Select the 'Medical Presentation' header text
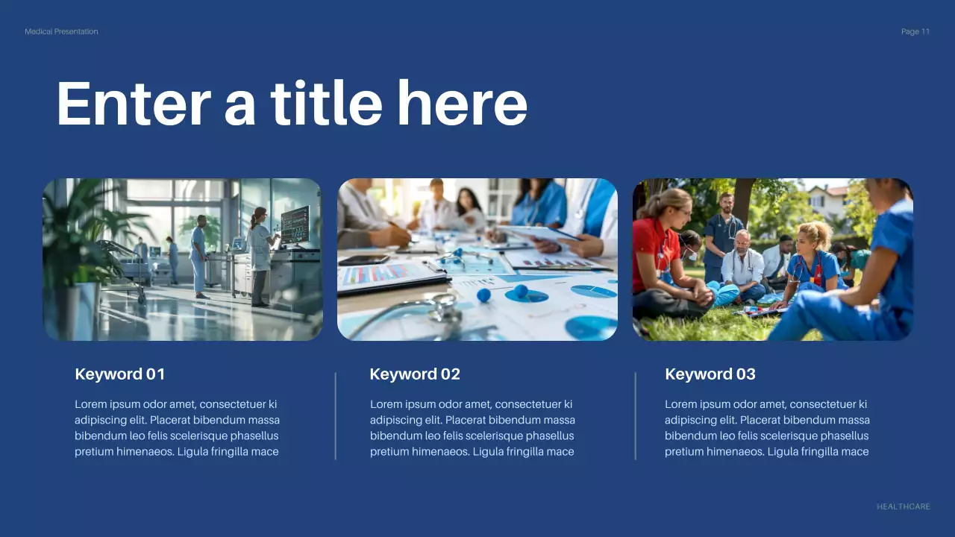[x=61, y=31]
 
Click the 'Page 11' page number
[x=915, y=31]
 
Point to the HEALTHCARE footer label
[x=904, y=506]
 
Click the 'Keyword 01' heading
[x=120, y=374]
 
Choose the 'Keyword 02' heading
[x=415, y=374]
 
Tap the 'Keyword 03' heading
[x=710, y=374]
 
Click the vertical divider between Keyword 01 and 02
[x=336, y=416]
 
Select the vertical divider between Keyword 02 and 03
[x=636, y=416]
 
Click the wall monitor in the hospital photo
[x=295, y=224]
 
